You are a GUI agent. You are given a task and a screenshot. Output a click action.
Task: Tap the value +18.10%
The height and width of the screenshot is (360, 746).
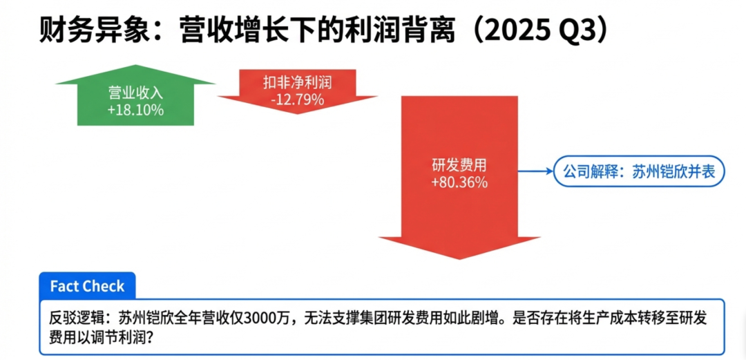coord(135,111)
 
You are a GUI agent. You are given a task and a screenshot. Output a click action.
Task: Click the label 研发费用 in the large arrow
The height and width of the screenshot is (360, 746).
coord(459,168)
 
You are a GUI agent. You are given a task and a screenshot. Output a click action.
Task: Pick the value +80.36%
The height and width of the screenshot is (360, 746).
coord(459,183)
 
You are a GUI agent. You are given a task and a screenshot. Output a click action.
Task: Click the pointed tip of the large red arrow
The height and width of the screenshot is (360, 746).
coord(459,259)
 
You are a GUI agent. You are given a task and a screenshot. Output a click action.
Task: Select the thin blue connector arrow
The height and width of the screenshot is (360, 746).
coord(536,171)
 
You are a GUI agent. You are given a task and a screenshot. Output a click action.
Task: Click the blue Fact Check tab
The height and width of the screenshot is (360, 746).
coord(87,285)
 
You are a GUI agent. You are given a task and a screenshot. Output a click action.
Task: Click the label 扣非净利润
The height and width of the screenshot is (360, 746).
coord(297,84)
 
